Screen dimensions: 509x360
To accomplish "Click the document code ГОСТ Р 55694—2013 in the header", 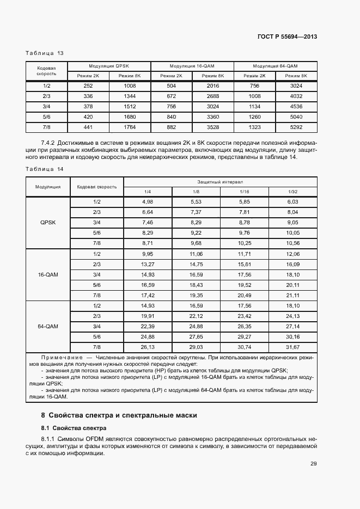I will [287, 37].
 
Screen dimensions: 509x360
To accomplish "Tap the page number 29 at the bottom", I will [314, 464].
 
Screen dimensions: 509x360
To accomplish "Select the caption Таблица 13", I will [45, 53].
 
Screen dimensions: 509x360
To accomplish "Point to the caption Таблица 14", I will [45, 169].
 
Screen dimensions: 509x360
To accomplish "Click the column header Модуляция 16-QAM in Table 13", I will [192, 66].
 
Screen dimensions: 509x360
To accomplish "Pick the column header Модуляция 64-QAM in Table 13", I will [275, 66].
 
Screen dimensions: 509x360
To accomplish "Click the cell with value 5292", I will [296, 127].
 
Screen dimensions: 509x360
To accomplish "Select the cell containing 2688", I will [213, 96].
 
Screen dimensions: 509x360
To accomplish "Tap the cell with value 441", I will [88, 127].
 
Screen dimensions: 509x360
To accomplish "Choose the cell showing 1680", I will [130, 117].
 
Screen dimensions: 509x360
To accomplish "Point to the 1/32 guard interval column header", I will [293, 192].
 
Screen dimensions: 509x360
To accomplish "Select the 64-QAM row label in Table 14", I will [48, 326].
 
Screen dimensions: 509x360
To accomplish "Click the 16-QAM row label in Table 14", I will [48, 274].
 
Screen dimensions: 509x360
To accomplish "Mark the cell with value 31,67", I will [293, 347].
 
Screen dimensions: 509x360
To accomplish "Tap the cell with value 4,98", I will [148, 202].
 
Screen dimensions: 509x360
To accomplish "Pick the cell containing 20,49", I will [245, 295].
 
